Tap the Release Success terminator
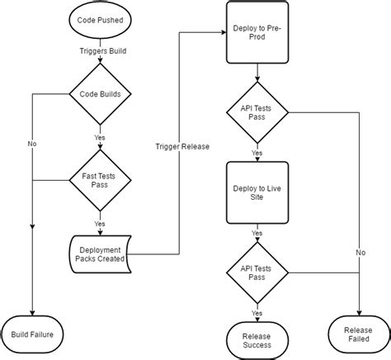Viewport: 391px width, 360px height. pyautogui.click(x=257, y=339)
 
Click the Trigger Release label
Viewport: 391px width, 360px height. pyautogui.click(x=181, y=146)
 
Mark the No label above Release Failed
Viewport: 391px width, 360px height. pyautogui.click(x=360, y=252)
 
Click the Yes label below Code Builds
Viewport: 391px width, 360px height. pyautogui.click(x=100, y=137)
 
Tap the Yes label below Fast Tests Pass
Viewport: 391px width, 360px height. pyautogui.click(x=100, y=223)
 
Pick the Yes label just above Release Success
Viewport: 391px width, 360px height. pyautogui.click(x=257, y=312)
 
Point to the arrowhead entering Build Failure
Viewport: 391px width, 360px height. pyautogui.click(x=33, y=312)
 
